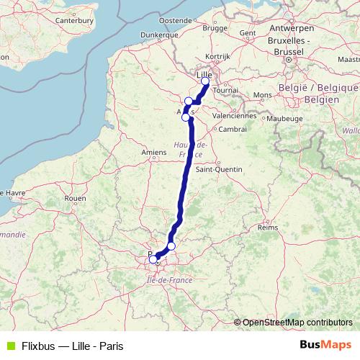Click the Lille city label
[205, 73]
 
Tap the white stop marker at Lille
[205, 81]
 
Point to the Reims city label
[267, 227]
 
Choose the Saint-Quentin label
[215, 170]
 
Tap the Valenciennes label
[235, 115]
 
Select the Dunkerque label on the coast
[159, 34]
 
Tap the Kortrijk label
[217, 56]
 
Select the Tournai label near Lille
[225, 91]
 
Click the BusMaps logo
[328, 345]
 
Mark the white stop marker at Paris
[153, 259]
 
